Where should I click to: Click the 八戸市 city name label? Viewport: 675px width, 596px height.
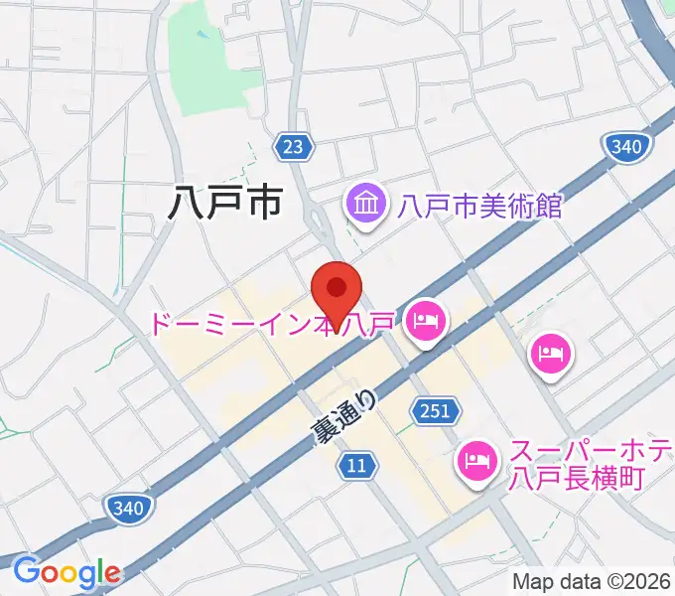coord(224,203)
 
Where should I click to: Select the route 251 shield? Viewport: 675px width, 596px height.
coord(434,409)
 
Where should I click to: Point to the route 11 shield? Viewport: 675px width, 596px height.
coord(357,464)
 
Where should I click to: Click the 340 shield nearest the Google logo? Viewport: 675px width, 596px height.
coord(129,509)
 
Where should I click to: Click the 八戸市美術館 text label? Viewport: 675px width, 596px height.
coord(480,207)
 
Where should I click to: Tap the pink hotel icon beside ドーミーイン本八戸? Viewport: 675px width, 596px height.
coord(426,322)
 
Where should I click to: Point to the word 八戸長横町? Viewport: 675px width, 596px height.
coord(576,478)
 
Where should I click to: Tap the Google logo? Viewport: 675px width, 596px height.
coord(67,572)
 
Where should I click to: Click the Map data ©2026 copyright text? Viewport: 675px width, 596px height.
coord(592,581)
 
